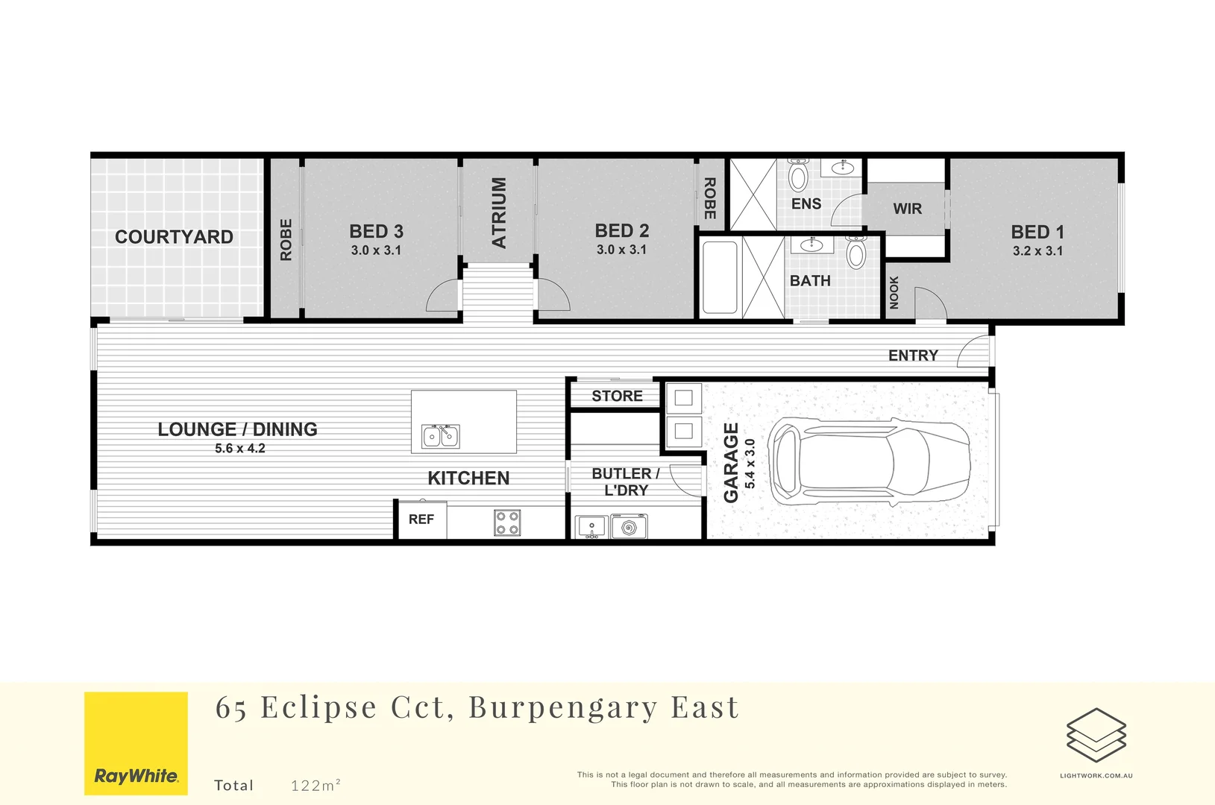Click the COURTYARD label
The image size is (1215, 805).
(x=174, y=237)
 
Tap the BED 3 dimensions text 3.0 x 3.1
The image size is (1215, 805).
(x=376, y=250)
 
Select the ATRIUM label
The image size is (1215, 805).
(x=499, y=212)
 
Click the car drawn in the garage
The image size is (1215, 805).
(x=870, y=461)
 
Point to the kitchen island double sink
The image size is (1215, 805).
(x=441, y=436)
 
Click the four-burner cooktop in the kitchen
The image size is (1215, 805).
(x=507, y=523)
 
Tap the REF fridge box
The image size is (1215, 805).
(x=421, y=520)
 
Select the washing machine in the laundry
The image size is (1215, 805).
(x=629, y=527)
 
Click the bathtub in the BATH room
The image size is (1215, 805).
(x=720, y=277)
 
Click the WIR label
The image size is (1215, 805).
(x=907, y=209)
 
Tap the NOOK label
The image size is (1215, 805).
(x=894, y=292)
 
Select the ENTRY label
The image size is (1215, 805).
(x=913, y=356)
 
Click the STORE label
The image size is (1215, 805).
(x=617, y=397)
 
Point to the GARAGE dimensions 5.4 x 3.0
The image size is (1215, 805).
(x=750, y=464)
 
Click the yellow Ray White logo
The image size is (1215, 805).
(x=136, y=743)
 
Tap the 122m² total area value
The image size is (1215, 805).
(x=315, y=785)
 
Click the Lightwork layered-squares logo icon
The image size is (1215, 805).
(x=1096, y=735)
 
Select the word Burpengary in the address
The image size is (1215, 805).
(x=563, y=707)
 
